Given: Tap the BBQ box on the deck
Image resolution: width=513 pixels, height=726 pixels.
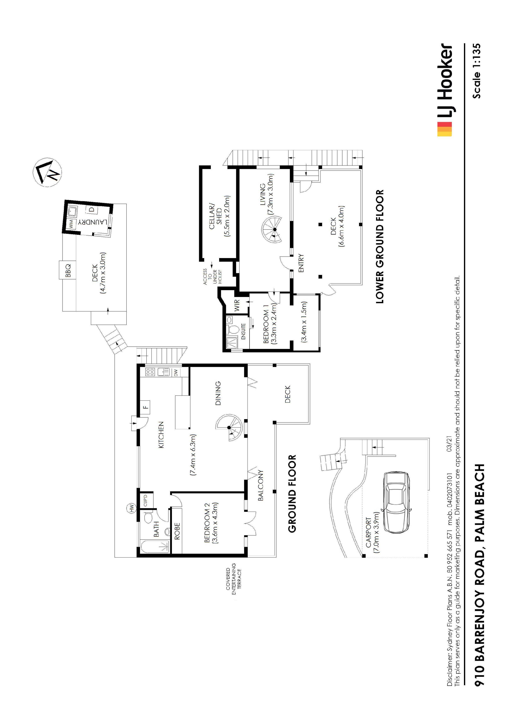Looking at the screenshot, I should coord(67,270).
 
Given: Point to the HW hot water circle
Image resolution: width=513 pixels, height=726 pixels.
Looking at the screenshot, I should coord(131,508).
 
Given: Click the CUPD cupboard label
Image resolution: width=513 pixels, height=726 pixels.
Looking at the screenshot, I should coord(146,500).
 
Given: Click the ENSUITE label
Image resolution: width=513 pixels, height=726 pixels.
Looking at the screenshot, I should coord(243,331).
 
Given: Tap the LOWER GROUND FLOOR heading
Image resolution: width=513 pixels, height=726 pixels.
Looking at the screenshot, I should coord(380,247).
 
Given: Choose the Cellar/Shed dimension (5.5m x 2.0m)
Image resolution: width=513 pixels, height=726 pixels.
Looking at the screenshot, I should coord(227,216).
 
